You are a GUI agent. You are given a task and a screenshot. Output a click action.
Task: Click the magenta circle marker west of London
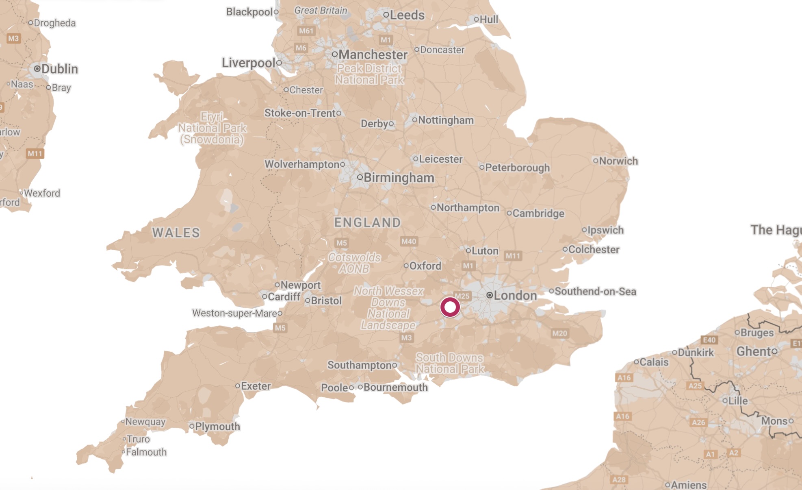tap(450, 307)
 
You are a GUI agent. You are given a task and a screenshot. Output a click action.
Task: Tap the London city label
tap(515, 296)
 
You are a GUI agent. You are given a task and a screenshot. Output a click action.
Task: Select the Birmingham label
tap(399, 178)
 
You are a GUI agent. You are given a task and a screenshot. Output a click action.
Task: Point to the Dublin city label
tap(59, 69)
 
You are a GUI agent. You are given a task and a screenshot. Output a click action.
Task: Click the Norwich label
tap(618, 161)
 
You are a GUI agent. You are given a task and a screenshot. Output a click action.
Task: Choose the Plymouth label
tap(217, 427)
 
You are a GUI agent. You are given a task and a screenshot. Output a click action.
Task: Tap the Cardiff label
tap(284, 297)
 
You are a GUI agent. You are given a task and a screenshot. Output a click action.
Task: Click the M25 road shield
tap(462, 296)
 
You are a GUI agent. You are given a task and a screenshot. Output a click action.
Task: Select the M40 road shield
tap(408, 242)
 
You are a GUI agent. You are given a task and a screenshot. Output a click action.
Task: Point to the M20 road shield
tap(559, 333)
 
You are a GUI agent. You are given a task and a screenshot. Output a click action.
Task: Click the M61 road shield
tap(306, 31)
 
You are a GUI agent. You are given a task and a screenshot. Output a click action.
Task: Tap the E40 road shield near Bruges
tap(709, 340)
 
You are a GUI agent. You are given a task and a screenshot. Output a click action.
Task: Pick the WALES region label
tap(176, 233)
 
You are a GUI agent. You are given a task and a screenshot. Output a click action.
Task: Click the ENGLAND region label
tap(367, 222)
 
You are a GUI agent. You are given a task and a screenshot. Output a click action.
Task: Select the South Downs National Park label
tap(450, 363)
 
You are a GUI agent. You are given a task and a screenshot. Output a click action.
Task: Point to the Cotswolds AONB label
tap(354, 263)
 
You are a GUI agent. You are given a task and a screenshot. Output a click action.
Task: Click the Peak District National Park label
tap(369, 74)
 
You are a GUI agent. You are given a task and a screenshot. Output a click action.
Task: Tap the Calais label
tap(654, 362)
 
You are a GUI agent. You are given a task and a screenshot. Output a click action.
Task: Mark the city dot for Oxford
tap(406, 266)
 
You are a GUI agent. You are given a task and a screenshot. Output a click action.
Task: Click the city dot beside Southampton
tap(394, 365)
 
